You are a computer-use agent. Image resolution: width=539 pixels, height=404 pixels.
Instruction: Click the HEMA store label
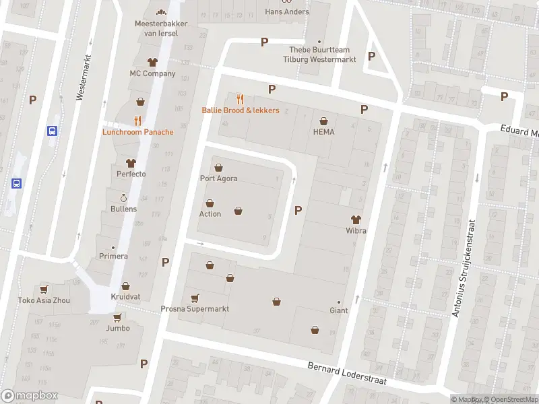(323, 132)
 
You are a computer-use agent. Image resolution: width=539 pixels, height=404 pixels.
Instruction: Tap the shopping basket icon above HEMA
(323, 121)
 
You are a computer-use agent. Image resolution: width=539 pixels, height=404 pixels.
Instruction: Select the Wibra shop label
(356, 231)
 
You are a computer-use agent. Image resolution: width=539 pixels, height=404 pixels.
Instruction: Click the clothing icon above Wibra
(356, 220)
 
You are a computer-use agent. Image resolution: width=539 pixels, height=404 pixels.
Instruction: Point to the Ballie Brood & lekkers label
(241, 110)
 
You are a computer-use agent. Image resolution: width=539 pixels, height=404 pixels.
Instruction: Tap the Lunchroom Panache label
(137, 132)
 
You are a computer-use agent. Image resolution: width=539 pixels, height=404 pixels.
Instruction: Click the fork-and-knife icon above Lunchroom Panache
(137, 121)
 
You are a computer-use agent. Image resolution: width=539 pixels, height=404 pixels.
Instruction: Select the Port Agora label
(218, 178)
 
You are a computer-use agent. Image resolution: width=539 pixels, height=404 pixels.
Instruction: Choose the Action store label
(210, 214)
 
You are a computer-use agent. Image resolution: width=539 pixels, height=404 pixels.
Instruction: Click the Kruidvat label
(125, 297)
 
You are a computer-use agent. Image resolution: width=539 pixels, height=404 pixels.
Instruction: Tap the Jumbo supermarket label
(117, 329)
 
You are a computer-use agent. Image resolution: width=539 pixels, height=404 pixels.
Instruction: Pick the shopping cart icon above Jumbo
(117, 317)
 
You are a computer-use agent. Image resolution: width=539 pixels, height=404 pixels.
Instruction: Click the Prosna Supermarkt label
(195, 309)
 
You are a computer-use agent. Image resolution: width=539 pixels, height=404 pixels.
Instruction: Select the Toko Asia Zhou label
(44, 300)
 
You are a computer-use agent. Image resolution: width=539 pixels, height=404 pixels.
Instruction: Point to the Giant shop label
(338, 310)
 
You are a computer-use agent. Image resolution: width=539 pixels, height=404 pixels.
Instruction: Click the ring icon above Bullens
(123, 198)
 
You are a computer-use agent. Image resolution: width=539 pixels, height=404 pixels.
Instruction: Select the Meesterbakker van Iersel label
(161, 28)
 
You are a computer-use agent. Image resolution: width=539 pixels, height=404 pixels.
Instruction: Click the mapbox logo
(30, 396)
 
